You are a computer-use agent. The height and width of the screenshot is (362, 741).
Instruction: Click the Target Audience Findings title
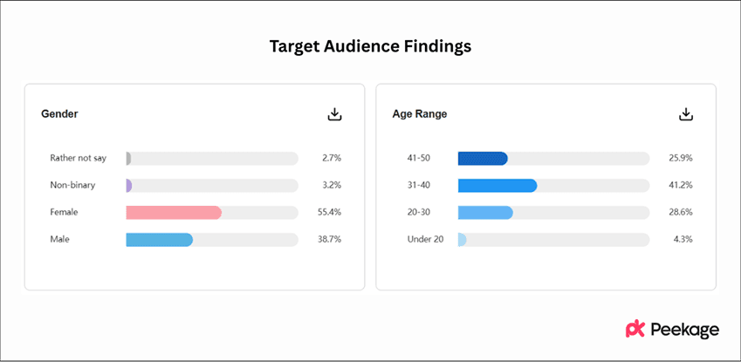[x=370, y=47]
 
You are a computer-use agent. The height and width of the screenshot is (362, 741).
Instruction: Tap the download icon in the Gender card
[x=334, y=114]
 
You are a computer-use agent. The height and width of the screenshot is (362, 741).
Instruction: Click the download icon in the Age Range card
[x=686, y=114]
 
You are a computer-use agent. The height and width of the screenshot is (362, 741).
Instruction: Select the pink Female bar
[x=174, y=212]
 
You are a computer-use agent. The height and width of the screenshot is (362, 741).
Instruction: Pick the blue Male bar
[x=159, y=239]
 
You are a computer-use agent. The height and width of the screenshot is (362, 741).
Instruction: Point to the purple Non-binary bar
[x=129, y=185]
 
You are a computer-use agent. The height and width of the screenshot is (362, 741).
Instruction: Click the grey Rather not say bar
[x=128, y=158]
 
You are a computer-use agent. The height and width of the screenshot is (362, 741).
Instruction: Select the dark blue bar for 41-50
[x=483, y=158]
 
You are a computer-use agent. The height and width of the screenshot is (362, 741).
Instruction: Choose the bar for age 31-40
[x=497, y=185]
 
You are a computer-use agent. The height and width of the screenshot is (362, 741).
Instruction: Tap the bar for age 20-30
[x=485, y=212]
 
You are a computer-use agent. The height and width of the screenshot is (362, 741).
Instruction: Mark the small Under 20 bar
[x=462, y=239]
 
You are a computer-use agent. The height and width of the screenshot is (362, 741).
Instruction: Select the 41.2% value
[x=680, y=185]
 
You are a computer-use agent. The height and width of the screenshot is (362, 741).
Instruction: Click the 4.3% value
[x=682, y=239]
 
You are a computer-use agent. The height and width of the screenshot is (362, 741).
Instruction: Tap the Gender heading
[x=59, y=114]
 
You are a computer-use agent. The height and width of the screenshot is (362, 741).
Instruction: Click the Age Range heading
[x=420, y=114]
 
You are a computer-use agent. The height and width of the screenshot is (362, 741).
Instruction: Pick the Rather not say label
[x=78, y=158]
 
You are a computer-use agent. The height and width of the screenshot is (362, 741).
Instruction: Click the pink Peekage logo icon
[x=635, y=329]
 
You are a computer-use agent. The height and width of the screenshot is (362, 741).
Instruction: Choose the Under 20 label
[x=426, y=239]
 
